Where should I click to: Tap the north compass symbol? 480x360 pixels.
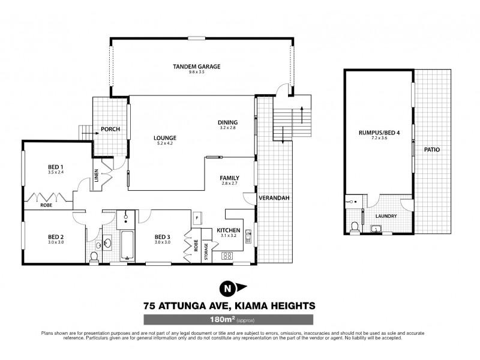pos(227,289)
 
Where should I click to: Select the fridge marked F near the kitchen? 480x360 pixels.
pos(196,217)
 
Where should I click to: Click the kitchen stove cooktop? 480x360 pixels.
pos(228,256)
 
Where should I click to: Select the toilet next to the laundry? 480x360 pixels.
pos(355,227)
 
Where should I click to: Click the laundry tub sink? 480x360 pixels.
pos(376,229)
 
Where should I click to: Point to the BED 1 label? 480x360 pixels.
pos(56,167)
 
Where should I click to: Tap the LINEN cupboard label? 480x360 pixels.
pos(96,175)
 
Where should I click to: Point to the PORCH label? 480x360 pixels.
pos(109,128)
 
